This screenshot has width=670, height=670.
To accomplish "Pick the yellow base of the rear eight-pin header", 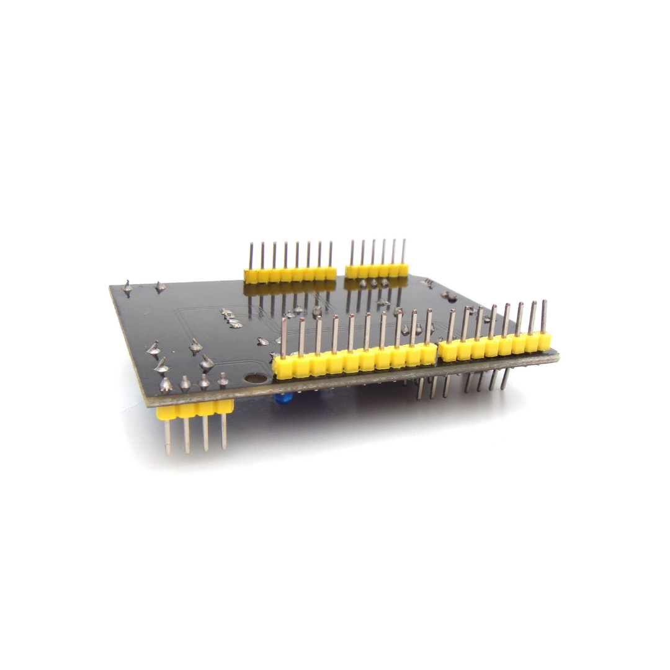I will click(x=290, y=275).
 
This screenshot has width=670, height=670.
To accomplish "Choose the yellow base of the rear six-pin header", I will click(x=377, y=270).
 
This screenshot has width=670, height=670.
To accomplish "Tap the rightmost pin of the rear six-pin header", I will click(x=403, y=251).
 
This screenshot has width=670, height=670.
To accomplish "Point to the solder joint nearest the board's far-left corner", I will click(x=127, y=287).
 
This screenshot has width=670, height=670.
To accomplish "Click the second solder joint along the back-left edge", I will click(x=160, y=287).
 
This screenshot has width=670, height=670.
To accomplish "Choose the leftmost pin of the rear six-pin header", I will click(x=351, y=252).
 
